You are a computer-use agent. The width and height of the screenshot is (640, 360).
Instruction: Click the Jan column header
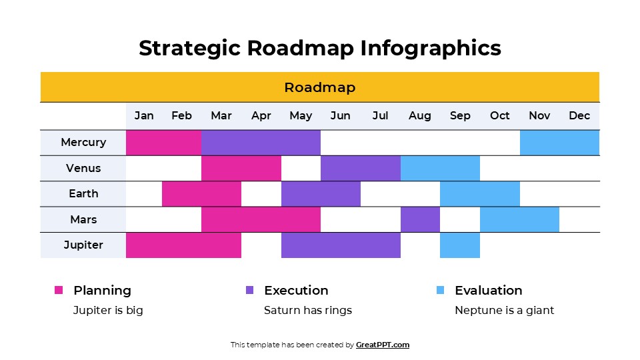pyautogui.click(x=144, y=116)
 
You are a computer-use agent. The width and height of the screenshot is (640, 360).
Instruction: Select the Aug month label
pyautogui.click(x=419, y=116)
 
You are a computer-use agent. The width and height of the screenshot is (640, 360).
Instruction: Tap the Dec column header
pyautogui.click(x=579, y=116)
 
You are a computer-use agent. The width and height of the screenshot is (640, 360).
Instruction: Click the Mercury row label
pyautogui.click(x=83, y=142)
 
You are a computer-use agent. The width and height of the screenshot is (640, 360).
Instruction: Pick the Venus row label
pyautogui.click(x=83, y=168)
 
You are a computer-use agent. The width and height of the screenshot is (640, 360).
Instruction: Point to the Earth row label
pyautogui.click(x=83, y=193)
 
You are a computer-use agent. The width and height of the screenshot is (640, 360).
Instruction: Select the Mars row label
pyautogui.click(x=83, y=219)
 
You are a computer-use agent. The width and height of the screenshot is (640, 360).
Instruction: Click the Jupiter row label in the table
pyautogui.click(x=83, y=245)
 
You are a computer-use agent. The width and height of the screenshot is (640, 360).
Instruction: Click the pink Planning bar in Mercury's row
pyautogui.click(x=163, y=142)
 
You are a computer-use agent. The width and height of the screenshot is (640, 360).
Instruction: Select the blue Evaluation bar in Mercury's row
pyautogui.click(x=559, y=142)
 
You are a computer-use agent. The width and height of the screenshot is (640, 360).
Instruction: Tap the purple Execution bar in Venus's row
pyautogui.click(x=360, y=168)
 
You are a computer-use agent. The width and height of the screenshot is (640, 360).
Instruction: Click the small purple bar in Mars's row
pyautogui.click(x=420, y=219)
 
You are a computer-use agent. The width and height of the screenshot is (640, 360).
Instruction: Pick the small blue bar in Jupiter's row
pyautogui.click(x=459, y=245)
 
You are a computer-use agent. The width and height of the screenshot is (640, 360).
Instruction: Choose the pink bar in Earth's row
pyautogui.click(x=201, y=193)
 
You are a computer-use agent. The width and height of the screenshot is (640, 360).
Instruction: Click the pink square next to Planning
pyautogui.click(x=59, y=290)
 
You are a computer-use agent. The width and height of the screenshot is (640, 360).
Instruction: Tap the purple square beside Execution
pyautogui.click(x=250, y=290)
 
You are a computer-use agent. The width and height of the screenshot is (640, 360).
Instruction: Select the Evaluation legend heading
pyautogui.click(x=488, y=290)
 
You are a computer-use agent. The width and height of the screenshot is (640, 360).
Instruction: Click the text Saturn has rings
pyautogui.click(x=307, y=310)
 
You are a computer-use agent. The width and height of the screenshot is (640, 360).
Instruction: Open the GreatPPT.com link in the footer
pyautogui.click(x=383, y=345)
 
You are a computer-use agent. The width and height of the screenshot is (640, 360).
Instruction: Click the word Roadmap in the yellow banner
pyautogui.click(x=320, y=87)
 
